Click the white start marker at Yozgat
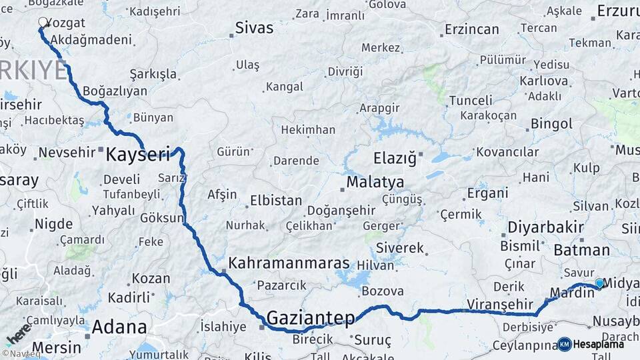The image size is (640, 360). pos(43,22)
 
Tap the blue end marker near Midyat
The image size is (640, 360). pos(599,283)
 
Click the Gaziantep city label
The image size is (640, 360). pos(310,318)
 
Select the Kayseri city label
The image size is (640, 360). pos(138,155)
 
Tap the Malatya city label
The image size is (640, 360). pos(375,182)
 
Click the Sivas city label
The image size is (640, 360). pos(254,28)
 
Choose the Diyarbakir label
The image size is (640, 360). pos(545,227)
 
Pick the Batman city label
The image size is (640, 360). pos(581,250)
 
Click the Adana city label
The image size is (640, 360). pos(119,327)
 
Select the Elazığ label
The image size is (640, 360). pos(395,159)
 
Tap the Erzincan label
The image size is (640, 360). pos(472,29)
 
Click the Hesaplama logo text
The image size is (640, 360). pos(599,344)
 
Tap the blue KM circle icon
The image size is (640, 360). pos(564,344)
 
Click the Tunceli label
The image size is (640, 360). pos(471,101)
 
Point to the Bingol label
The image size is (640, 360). pos(551,124)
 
